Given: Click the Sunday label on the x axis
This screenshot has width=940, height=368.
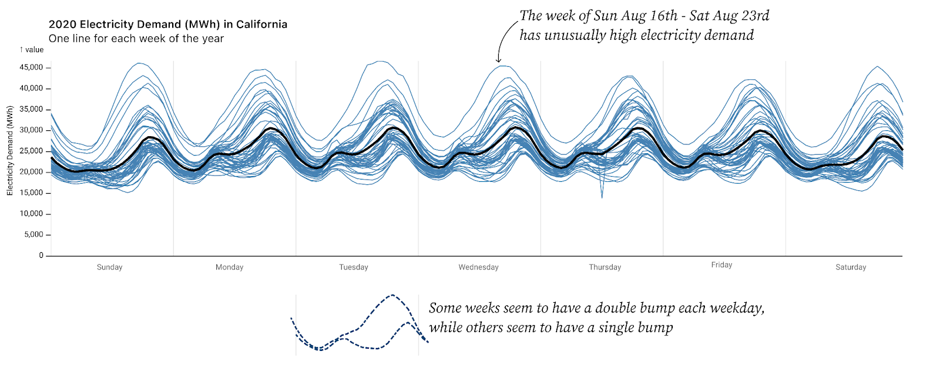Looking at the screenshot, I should click(109, 267).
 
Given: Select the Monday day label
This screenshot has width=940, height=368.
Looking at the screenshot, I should click(229, 267).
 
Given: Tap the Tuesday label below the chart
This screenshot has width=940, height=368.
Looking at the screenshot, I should click(354, 267).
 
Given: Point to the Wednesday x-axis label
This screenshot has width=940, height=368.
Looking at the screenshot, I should click(478, 267).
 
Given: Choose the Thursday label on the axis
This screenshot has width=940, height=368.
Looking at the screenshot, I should click(605, 267).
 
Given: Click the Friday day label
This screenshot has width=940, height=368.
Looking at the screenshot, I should click(721, 265).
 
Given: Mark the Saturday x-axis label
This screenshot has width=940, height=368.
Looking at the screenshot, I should click(851, 267).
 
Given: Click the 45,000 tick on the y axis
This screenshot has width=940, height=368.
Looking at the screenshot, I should click(32, 67).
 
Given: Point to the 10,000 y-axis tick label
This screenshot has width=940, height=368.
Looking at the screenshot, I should click(32, 214).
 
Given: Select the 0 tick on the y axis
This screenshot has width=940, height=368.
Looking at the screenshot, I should click(41, 255).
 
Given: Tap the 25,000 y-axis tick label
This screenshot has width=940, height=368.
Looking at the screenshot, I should click(32, 151).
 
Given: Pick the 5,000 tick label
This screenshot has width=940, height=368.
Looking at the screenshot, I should click(33, 235).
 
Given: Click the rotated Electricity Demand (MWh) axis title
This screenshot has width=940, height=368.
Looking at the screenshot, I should click(10, 151).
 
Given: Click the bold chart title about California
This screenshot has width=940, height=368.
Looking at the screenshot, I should click(168, 24).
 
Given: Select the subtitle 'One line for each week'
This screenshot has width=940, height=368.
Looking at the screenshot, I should click(136, 39).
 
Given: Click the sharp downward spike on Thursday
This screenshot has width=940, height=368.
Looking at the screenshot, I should click(602, 196).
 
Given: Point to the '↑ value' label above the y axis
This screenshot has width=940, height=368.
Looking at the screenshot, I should click(32, 50).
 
